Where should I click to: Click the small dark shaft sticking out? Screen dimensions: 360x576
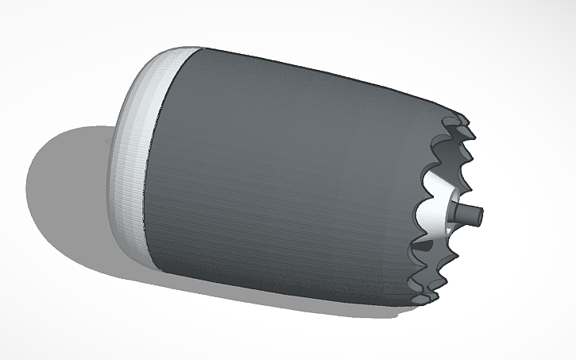point(468,213)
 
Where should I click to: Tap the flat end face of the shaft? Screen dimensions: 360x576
point(480,214)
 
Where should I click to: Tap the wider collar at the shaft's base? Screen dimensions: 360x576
point(455,213)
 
